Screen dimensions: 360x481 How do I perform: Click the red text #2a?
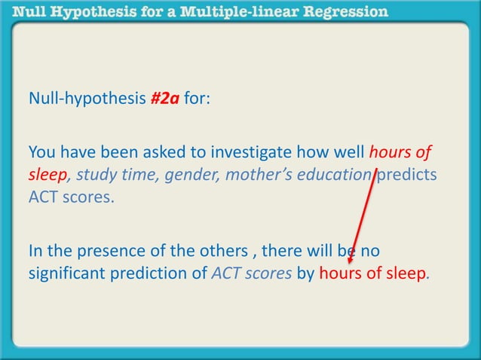165,99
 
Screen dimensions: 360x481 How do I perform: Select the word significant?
64,275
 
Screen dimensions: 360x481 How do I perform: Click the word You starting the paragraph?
42,152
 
